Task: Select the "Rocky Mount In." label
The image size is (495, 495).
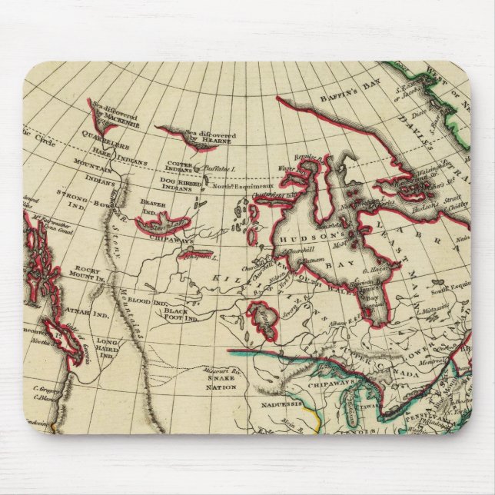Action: (83, 272)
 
